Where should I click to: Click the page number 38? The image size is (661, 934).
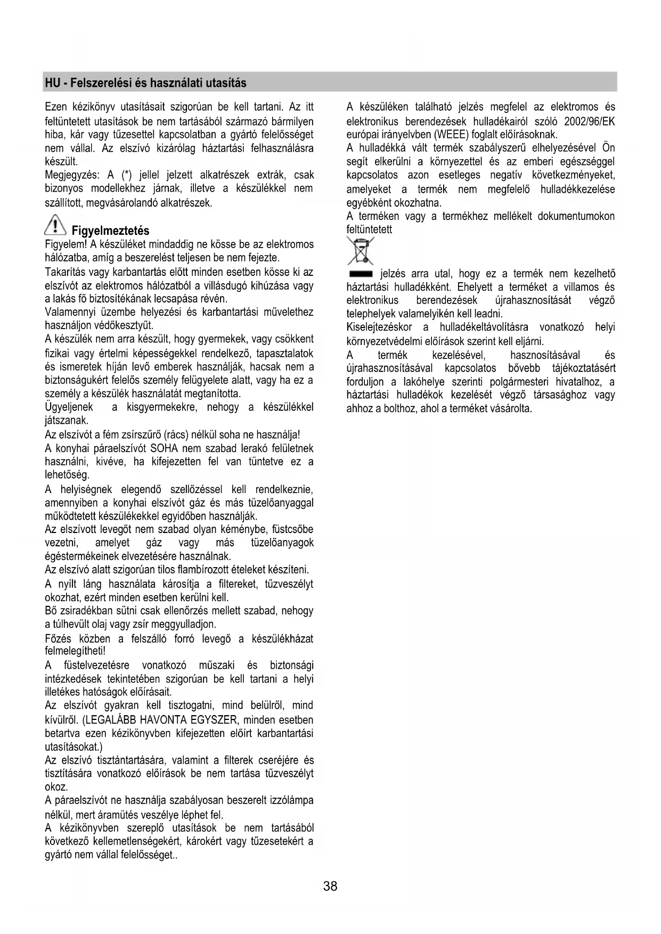point(330,886)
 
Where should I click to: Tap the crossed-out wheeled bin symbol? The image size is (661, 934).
point(360,251)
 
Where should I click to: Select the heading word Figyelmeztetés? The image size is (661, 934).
point(110,231)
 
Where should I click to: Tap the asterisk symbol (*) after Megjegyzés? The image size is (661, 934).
point(127,175)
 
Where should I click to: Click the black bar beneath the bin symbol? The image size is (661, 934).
point(361,274)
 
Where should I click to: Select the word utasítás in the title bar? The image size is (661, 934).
point(226,83)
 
